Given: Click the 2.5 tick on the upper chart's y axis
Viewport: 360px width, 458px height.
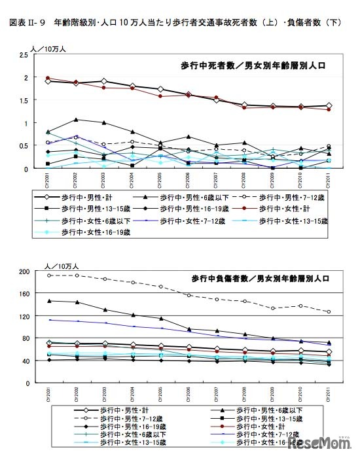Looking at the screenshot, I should [23, 56].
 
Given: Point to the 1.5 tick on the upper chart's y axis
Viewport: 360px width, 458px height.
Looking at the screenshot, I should [23, 101].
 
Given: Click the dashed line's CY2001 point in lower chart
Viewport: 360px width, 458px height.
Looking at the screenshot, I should [49, 275].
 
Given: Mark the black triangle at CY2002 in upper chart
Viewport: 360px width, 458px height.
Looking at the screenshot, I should [77, 120].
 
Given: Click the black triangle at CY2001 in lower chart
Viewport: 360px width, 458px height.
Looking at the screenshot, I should [49, 301].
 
